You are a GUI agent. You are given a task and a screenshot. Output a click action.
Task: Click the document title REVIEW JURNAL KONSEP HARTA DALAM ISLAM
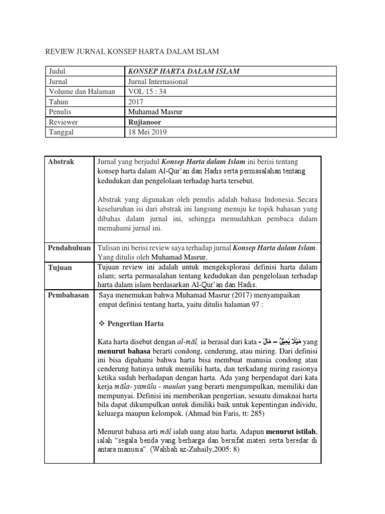point(132,51)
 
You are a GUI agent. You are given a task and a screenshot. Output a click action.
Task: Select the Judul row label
point(58,71)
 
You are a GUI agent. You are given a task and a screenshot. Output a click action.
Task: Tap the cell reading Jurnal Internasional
point(158,81)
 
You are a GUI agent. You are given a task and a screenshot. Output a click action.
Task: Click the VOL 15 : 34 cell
point(149,91)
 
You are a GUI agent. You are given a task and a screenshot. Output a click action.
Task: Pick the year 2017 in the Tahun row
point(136,101)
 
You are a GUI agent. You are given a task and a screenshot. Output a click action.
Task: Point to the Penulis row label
point(61,111)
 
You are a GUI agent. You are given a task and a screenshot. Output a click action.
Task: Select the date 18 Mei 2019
point(148,132)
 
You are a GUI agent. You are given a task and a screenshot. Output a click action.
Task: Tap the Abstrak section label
point(61,162)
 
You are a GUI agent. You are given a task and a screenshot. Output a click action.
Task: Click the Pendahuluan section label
point(69,248)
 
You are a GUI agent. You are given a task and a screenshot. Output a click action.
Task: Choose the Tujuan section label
point(60,268)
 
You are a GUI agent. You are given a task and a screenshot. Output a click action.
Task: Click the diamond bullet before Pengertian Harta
point(101,324)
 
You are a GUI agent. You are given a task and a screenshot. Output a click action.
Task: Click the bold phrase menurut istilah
point(292,431)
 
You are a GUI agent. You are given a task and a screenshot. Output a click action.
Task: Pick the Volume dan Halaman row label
point(82,91)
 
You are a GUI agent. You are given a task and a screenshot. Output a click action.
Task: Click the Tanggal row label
point(62,132)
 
